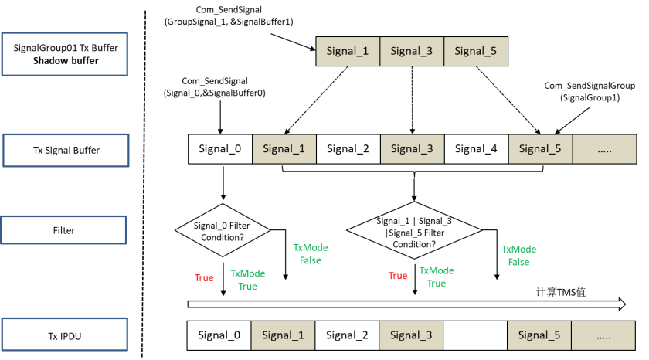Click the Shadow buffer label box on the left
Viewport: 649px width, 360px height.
[x=65, y=54]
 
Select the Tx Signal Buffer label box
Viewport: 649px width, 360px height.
[x=66, y=150]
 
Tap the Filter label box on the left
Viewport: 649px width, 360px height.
[x=63, y=230]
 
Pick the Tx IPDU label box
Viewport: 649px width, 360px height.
[x=65, y=335]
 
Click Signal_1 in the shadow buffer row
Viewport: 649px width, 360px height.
[x=348, y=51]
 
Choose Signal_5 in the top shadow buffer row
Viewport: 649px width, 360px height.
[x=476, y=51]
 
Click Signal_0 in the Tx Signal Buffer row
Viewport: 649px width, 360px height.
[x=220, y=149]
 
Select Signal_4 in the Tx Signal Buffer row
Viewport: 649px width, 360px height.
[x=477, y=149]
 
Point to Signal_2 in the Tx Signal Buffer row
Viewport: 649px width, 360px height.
[x=348, y=149]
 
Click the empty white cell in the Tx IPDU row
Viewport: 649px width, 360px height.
[x=475, y=335]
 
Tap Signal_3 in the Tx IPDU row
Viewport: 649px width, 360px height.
[x=411, y=335]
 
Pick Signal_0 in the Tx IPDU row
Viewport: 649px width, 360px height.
[x=219, y=335]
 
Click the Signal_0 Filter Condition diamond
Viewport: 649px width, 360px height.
[x=223, y=230]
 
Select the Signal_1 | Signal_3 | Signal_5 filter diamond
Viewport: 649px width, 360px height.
[x=414, y=230]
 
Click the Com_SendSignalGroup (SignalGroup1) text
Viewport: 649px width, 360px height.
[x=590, y=91]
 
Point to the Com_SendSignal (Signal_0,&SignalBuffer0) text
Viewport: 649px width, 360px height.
[x=215, y=87]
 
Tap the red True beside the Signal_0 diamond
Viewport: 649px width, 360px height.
[x=204, y=277]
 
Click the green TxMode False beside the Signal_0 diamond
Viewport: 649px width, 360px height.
[x=311, y=253]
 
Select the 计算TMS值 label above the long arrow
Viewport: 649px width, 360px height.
[x=561, y=292]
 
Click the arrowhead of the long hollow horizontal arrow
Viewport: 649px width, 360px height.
[x=622, y=304]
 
